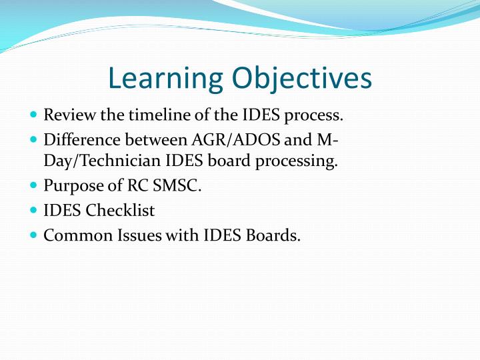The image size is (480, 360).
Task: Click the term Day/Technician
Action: coord(102,161)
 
